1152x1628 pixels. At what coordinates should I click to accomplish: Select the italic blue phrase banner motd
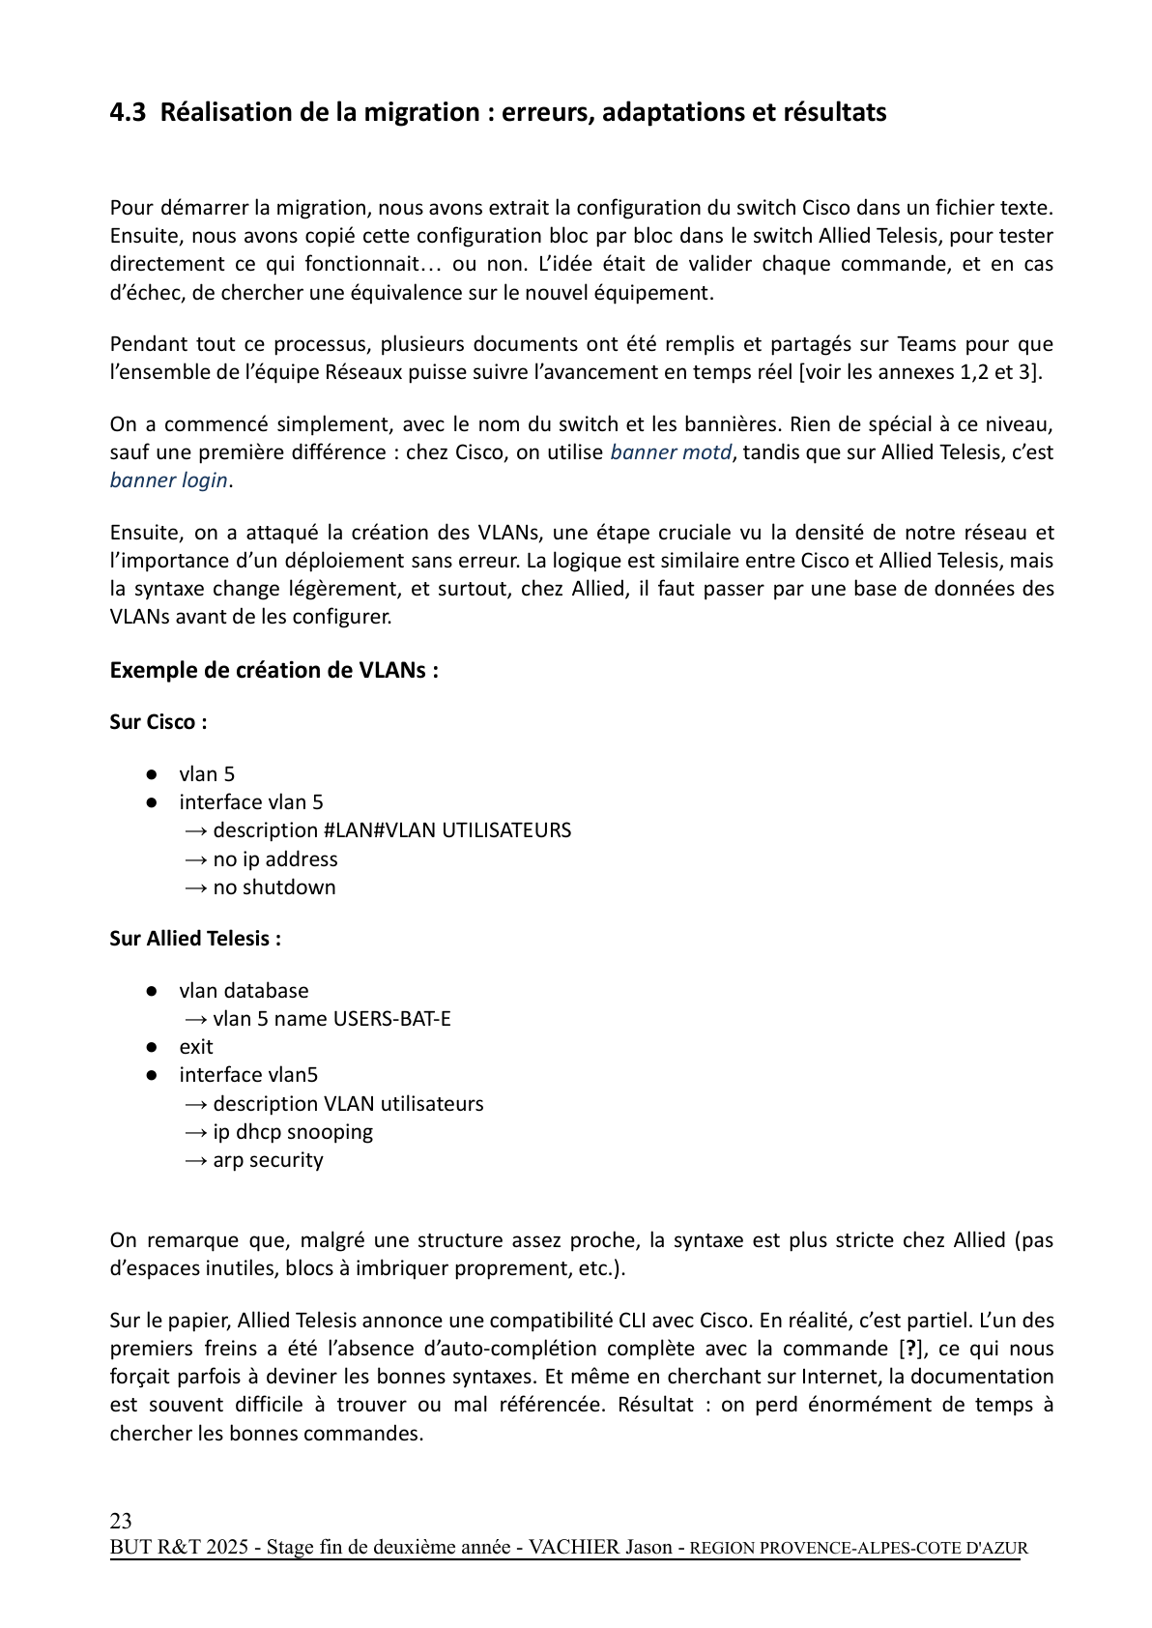coord(671,452)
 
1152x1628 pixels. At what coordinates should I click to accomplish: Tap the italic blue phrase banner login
coord(169,480)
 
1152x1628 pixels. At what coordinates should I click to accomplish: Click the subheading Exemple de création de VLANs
coord(274,671)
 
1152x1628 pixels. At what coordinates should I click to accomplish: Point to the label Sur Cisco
coord(158,722)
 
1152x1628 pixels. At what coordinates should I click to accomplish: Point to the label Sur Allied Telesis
coord(195,939)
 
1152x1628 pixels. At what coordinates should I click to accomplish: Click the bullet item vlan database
coord(244,991)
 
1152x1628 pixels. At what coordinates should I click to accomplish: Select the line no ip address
coord(274,859)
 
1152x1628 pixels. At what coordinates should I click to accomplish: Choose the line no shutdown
coord(274,887)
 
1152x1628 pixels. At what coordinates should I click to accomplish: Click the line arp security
coord(268,1160)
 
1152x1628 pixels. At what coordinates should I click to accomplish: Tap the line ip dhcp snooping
coord(292,1132)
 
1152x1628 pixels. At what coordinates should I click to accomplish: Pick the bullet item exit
coord(196,1047)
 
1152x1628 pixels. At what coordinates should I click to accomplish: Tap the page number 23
coord(121,1520)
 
